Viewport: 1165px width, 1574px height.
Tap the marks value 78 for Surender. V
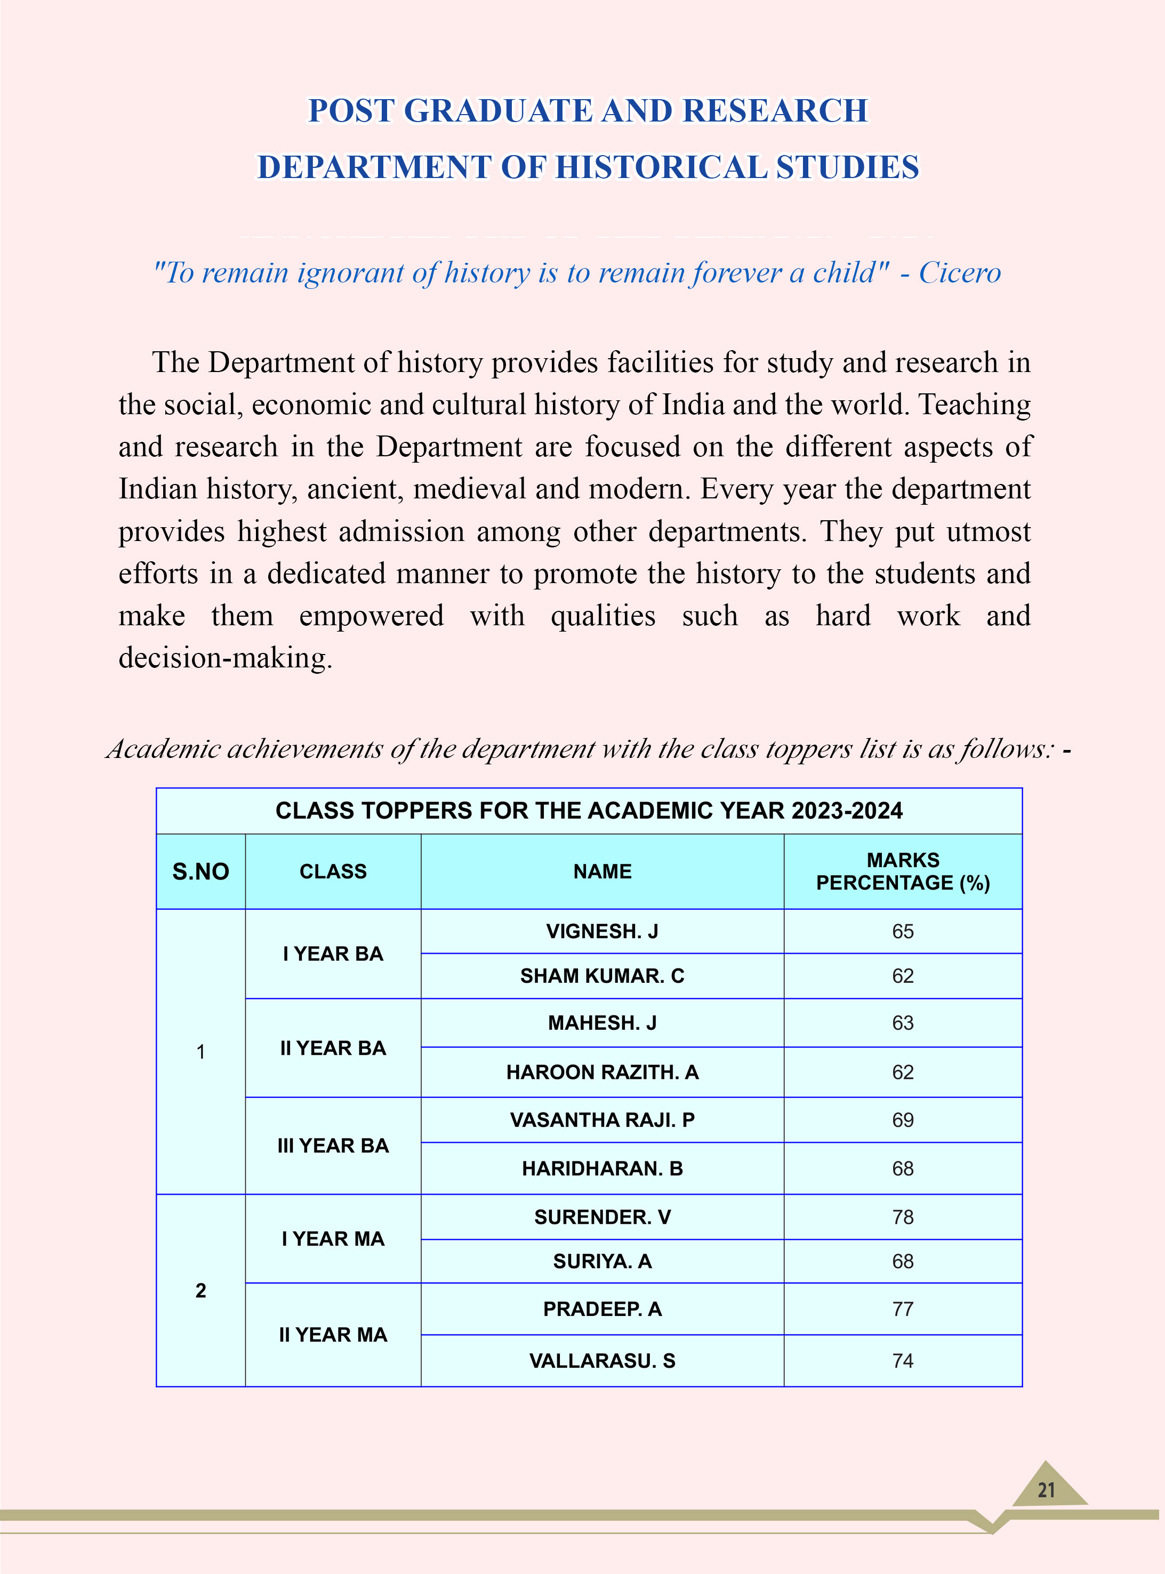point(902,1217)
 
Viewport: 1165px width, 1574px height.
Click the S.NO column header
point(200,871)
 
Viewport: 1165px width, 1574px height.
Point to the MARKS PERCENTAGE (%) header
point(903,871)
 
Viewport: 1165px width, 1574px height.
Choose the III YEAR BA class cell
point(333,1145)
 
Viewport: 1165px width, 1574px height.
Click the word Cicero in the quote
point(959,273)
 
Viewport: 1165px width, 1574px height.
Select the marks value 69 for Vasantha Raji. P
point(902,1120)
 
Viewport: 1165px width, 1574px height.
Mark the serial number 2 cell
point(200,1290)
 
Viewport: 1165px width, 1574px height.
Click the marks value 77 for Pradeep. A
point(902,1309)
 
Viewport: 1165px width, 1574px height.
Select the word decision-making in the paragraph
point(224,658)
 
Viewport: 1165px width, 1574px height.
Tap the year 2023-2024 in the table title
point(846,811)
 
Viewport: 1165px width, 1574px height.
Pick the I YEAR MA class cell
point(333,1239)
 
